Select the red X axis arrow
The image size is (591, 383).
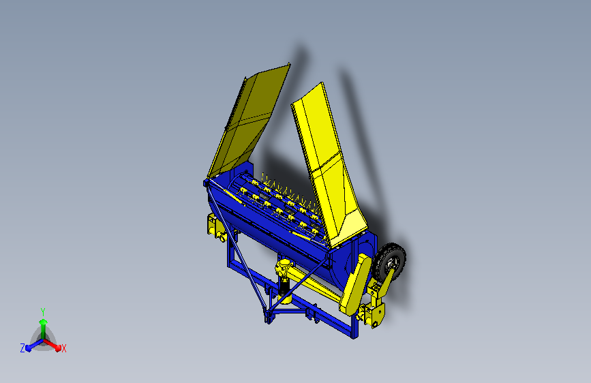coord(55,344)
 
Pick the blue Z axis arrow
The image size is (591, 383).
coord(31,345)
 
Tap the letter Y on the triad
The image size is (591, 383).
coord(43,310)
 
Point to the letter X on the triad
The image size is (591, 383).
coord(64,348)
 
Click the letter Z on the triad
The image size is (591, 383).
coord(22,348)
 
